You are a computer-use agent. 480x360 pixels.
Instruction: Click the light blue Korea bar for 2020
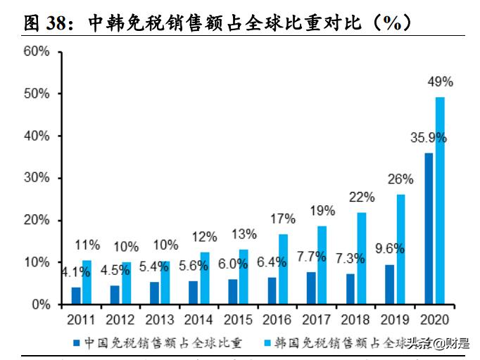pyautogui.click(x=440, y=200)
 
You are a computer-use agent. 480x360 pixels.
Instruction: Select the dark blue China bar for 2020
pyautogui.click(x=429, y=229)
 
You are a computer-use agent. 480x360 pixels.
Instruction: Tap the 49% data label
pyautogui.click(x=441, y=82)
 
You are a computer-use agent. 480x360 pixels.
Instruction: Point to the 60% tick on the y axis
pyautogui.click(x=36, y=51)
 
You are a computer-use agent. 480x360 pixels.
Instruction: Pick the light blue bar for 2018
pyautogui.click(x=361, y=258)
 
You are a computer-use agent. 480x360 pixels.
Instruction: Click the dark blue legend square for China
pyautogui.click(x=77, y=343)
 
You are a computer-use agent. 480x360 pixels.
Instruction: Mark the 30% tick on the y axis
pyautogui.click(x=36, y=178)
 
